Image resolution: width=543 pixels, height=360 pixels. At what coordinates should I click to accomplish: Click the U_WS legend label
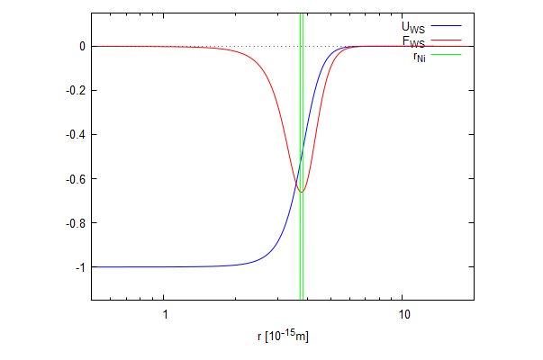(x=413, y=27)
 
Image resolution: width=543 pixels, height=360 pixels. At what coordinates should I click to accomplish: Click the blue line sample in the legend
(x=446, y=27)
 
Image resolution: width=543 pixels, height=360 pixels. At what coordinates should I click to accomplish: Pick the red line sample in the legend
(x=446, y=40)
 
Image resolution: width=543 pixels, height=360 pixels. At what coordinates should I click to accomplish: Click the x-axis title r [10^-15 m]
(x=283, y=337)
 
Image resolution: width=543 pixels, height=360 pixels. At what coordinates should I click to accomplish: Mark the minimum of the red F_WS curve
(x=302, y=192)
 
